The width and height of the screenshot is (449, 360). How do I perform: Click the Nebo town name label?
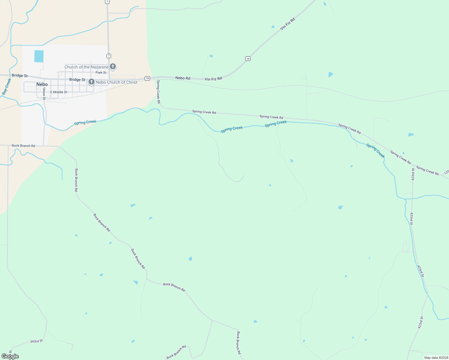[42, 85]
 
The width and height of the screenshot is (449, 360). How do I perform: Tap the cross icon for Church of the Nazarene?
[113, 67]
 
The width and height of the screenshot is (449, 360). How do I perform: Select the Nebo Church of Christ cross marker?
[92, 82]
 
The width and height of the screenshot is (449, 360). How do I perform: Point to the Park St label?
[101, 73]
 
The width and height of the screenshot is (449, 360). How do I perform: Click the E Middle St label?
[59, 92]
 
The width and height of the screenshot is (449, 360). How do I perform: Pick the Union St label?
[44, 94]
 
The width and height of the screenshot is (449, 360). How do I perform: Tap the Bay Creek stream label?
[6, 87]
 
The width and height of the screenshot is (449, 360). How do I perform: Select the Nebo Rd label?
[183, 78]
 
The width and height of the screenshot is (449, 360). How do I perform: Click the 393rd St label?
[37, 341]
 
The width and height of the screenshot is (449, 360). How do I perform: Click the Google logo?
[10, 356]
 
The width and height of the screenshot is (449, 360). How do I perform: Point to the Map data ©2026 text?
[436, 358]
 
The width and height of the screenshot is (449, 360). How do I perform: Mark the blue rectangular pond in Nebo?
[39, 56]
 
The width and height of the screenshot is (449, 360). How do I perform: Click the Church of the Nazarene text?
[86, 67]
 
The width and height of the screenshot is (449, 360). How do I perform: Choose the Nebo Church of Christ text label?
[117, 82]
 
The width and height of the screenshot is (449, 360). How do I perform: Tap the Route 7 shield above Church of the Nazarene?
[109, 56]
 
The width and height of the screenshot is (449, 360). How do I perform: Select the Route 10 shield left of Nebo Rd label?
[147, 78]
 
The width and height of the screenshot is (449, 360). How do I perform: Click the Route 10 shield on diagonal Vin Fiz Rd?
[248, 58]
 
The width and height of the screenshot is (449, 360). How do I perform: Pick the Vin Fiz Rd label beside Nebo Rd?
[213, 79]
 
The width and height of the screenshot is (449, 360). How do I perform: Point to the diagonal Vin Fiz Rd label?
[288, 24]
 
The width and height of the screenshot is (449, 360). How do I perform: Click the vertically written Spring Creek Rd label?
[158, 92]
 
